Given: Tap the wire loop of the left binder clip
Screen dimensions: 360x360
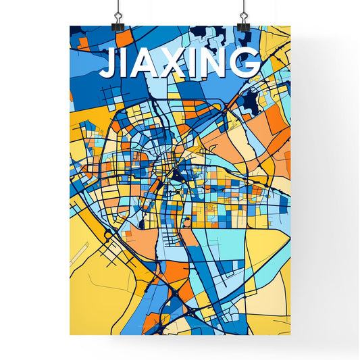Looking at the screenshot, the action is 118,8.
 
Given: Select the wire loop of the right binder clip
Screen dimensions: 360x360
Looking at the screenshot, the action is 242,8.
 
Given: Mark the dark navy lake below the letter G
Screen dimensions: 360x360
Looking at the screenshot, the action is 252,102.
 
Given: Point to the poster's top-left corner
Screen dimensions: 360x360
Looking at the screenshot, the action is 70,26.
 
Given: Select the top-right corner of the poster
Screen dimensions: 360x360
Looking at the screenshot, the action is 290,26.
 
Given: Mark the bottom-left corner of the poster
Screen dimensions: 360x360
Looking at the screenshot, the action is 70,335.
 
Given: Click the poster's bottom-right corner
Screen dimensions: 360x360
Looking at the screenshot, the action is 290,335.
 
